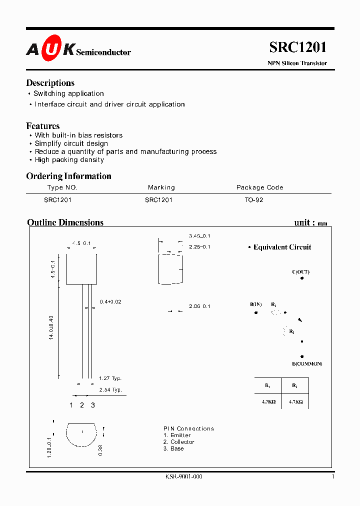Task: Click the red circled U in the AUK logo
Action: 51,48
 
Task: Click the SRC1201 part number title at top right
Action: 298,47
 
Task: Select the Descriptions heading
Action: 50,83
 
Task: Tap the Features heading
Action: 43,126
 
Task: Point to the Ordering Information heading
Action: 68,176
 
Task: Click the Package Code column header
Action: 259,187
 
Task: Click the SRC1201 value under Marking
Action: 158,199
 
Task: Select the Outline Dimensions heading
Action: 65,222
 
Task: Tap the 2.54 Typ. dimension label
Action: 110,389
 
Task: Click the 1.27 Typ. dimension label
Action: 110,378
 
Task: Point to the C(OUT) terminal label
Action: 301,272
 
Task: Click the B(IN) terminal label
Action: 256,304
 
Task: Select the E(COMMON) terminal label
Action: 307,363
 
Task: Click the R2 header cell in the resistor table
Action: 295,385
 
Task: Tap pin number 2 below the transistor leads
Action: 82,405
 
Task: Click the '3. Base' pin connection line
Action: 173,448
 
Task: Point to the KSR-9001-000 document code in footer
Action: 183,476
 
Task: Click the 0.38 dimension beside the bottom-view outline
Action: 100,449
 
